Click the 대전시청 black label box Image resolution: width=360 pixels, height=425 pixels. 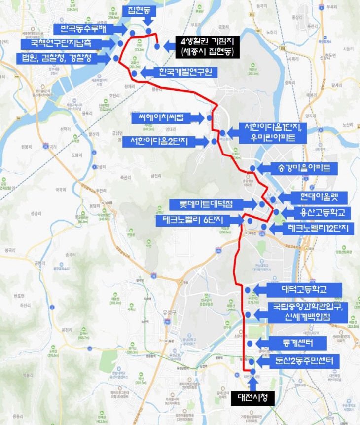click(x=252, y=398)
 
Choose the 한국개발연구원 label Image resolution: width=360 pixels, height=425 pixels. click(x=184, y=73)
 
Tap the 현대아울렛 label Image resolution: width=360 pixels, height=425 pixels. click(x=320, y=198)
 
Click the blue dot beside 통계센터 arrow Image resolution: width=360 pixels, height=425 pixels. click(x=250, y=343)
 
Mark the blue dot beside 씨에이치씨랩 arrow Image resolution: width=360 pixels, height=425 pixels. click(x=209, y=118)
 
